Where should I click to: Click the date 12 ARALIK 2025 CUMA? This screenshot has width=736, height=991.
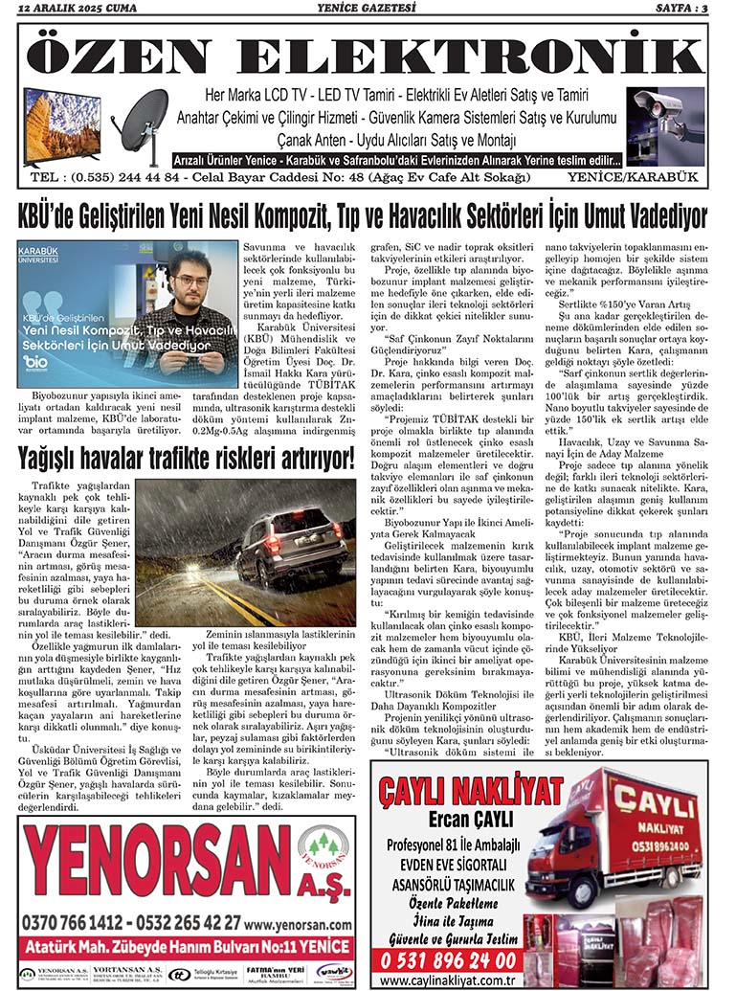[70, 10]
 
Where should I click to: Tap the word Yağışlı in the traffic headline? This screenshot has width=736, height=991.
[56, 459]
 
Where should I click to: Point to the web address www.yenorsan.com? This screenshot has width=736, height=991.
[297, 925]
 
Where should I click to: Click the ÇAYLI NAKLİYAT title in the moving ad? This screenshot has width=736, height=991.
[469, 792]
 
